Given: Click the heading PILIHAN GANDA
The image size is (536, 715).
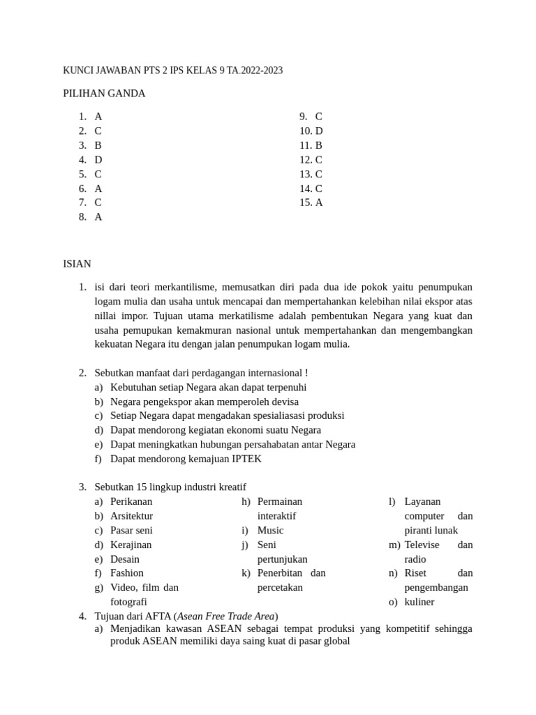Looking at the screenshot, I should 104,94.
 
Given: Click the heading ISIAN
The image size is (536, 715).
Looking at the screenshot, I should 77,264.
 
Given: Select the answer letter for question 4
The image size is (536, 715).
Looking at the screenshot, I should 98,160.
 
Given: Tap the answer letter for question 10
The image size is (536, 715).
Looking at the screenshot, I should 319,131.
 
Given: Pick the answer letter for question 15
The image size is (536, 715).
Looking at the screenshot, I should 319,202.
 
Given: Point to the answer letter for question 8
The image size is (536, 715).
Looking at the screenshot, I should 98,217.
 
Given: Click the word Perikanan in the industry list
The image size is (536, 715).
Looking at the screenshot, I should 131,501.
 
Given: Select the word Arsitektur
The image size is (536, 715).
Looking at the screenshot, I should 131,516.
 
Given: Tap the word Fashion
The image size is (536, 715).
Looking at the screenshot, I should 127,573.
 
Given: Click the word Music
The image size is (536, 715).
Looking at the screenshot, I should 271,531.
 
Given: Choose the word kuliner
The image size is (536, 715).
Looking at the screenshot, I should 419,602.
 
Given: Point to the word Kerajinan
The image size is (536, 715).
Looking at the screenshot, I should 131,545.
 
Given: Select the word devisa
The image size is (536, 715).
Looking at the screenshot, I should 283,402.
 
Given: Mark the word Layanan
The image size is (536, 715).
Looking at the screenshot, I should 422,501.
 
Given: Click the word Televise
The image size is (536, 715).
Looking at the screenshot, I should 422,545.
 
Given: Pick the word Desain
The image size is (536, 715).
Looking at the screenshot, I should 125,559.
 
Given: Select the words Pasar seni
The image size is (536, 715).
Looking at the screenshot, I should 131,531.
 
